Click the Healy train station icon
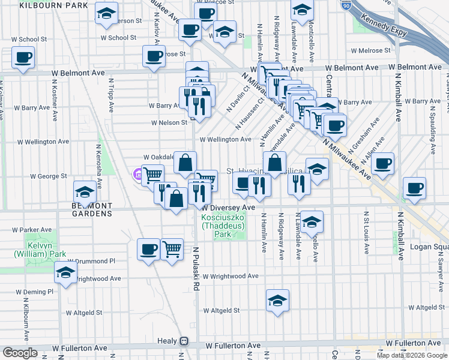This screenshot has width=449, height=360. coord(184,341)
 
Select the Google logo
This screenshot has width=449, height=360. coord(20,353)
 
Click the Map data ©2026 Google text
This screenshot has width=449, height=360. coord(412,355)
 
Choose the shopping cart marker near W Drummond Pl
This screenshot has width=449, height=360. coord(172,248)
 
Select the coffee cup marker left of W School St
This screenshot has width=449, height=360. coord(23,58)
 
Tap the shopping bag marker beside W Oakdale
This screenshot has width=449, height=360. coord(185,161)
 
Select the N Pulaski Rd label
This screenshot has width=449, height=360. coord(196,263)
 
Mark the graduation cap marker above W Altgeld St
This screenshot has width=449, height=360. coord(278,300)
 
